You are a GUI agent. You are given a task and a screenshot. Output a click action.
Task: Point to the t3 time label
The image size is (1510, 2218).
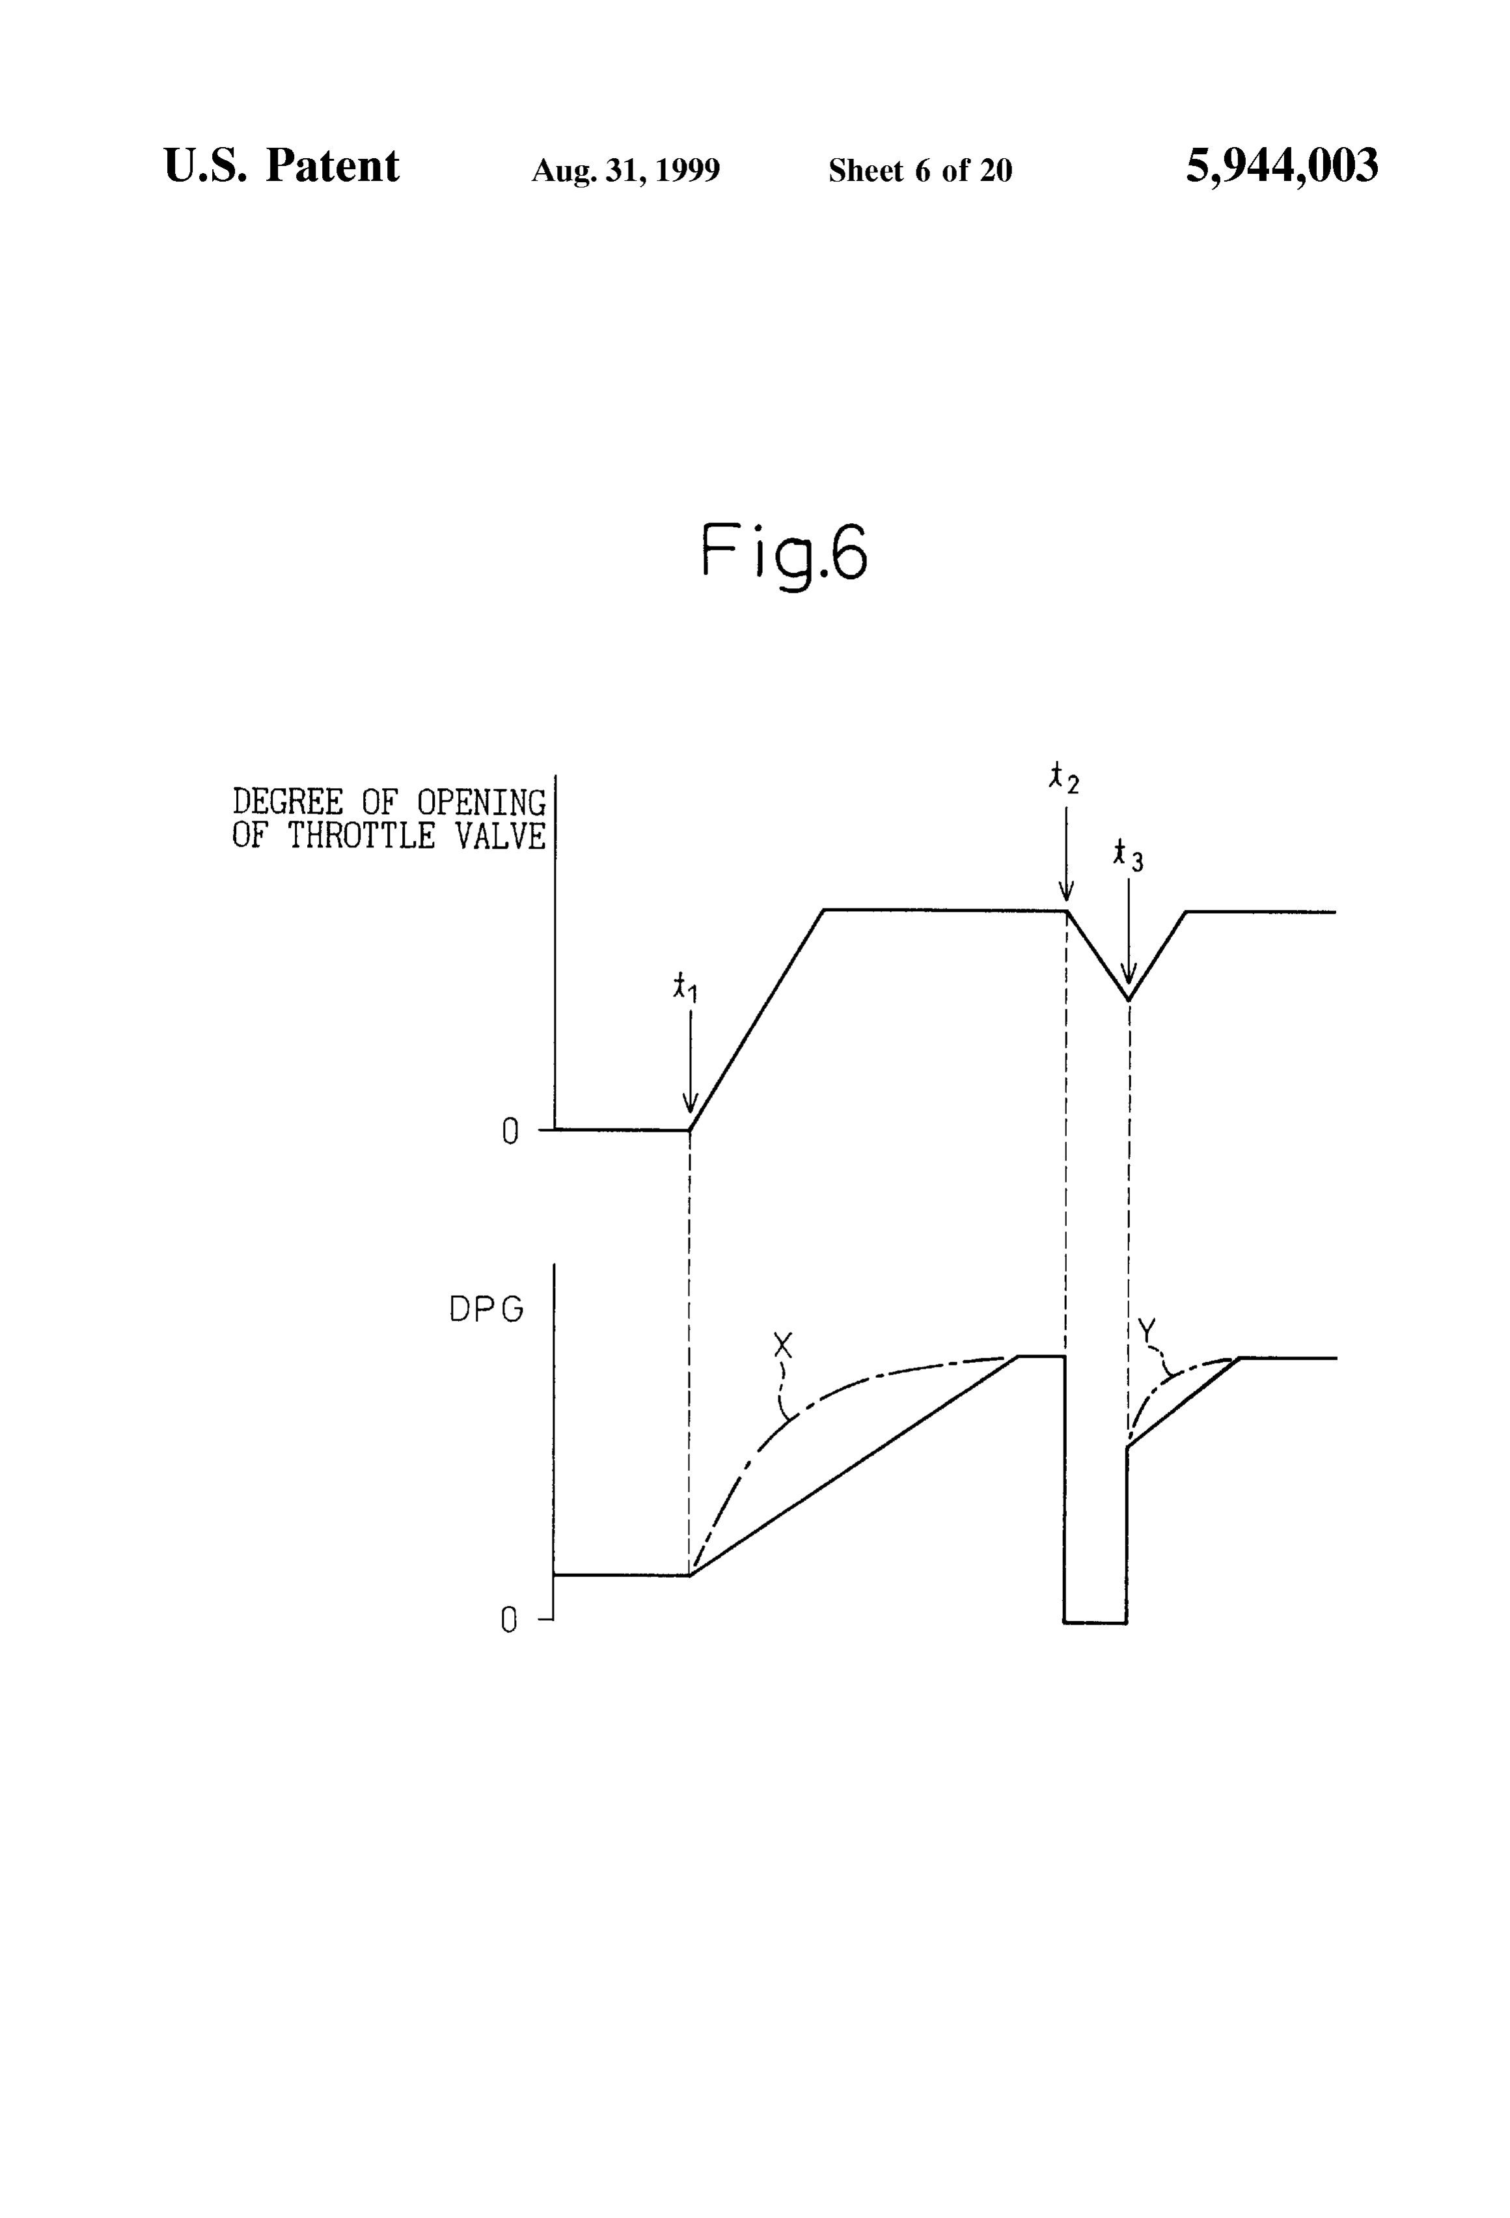click(1127, 855)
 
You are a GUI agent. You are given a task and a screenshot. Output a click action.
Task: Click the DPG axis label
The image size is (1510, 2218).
click(486, 1309)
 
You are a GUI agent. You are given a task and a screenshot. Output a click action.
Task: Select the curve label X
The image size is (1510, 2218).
click(783, 1346)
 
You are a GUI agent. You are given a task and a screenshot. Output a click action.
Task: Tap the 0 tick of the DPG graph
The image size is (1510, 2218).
click(510, 1621)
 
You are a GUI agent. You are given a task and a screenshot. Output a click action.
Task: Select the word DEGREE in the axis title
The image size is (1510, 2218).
click(287, 802)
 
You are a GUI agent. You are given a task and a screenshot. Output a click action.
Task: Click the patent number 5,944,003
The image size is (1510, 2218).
click(1282, 166)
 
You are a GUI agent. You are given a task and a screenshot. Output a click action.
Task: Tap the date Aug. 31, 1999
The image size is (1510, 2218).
click(625, 171)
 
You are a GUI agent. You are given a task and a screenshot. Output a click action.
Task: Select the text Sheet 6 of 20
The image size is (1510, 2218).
click(920, 170)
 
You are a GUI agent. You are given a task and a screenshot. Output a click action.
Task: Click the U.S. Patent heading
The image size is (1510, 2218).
click(282, 166)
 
